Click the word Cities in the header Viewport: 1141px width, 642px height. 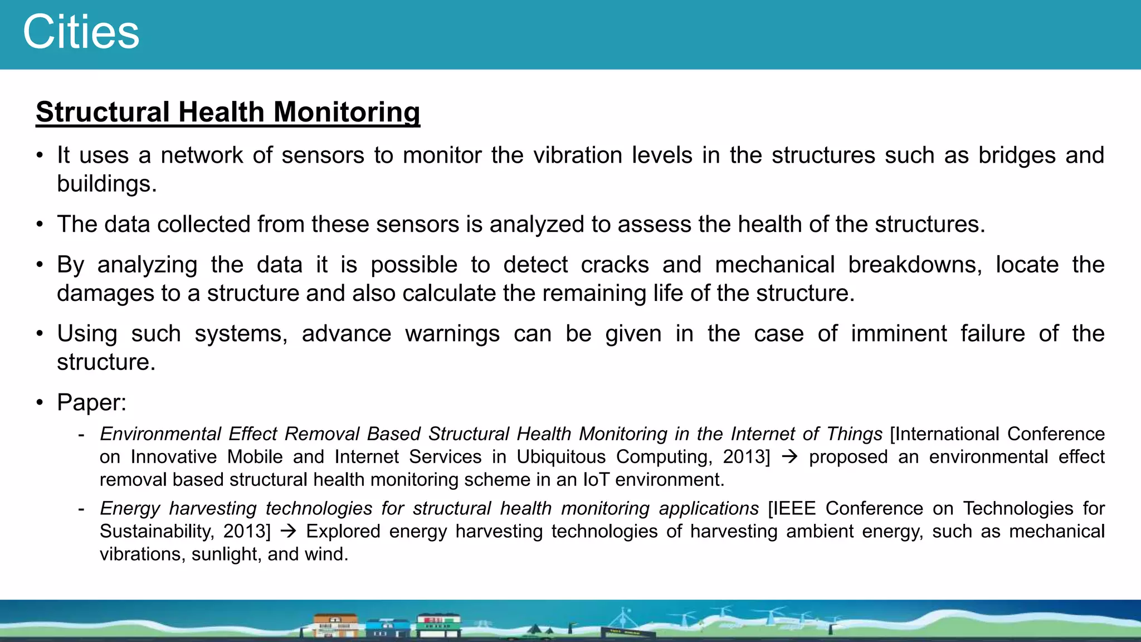(x=81, y=32)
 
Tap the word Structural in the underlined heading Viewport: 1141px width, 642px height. (x=103, y=112)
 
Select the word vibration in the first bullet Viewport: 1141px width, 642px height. (x=577, y=155)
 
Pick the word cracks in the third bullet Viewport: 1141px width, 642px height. (x=615, y=264)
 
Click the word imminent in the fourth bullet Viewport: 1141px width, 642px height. (x=899, y=333)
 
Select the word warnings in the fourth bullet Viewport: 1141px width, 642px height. (x=452, y=334)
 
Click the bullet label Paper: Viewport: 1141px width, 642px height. (x=92, y=402)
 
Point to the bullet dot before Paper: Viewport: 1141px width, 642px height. (x=40, y=402)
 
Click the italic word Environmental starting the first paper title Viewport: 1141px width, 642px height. (x=160, y=434)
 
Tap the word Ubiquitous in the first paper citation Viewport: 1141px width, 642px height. (x=560, y=456)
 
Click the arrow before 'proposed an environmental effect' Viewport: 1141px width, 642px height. (x=789, y=457)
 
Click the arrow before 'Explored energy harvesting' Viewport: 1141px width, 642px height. (x=288, y=531)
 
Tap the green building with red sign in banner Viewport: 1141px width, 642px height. (x=438, y=625)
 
